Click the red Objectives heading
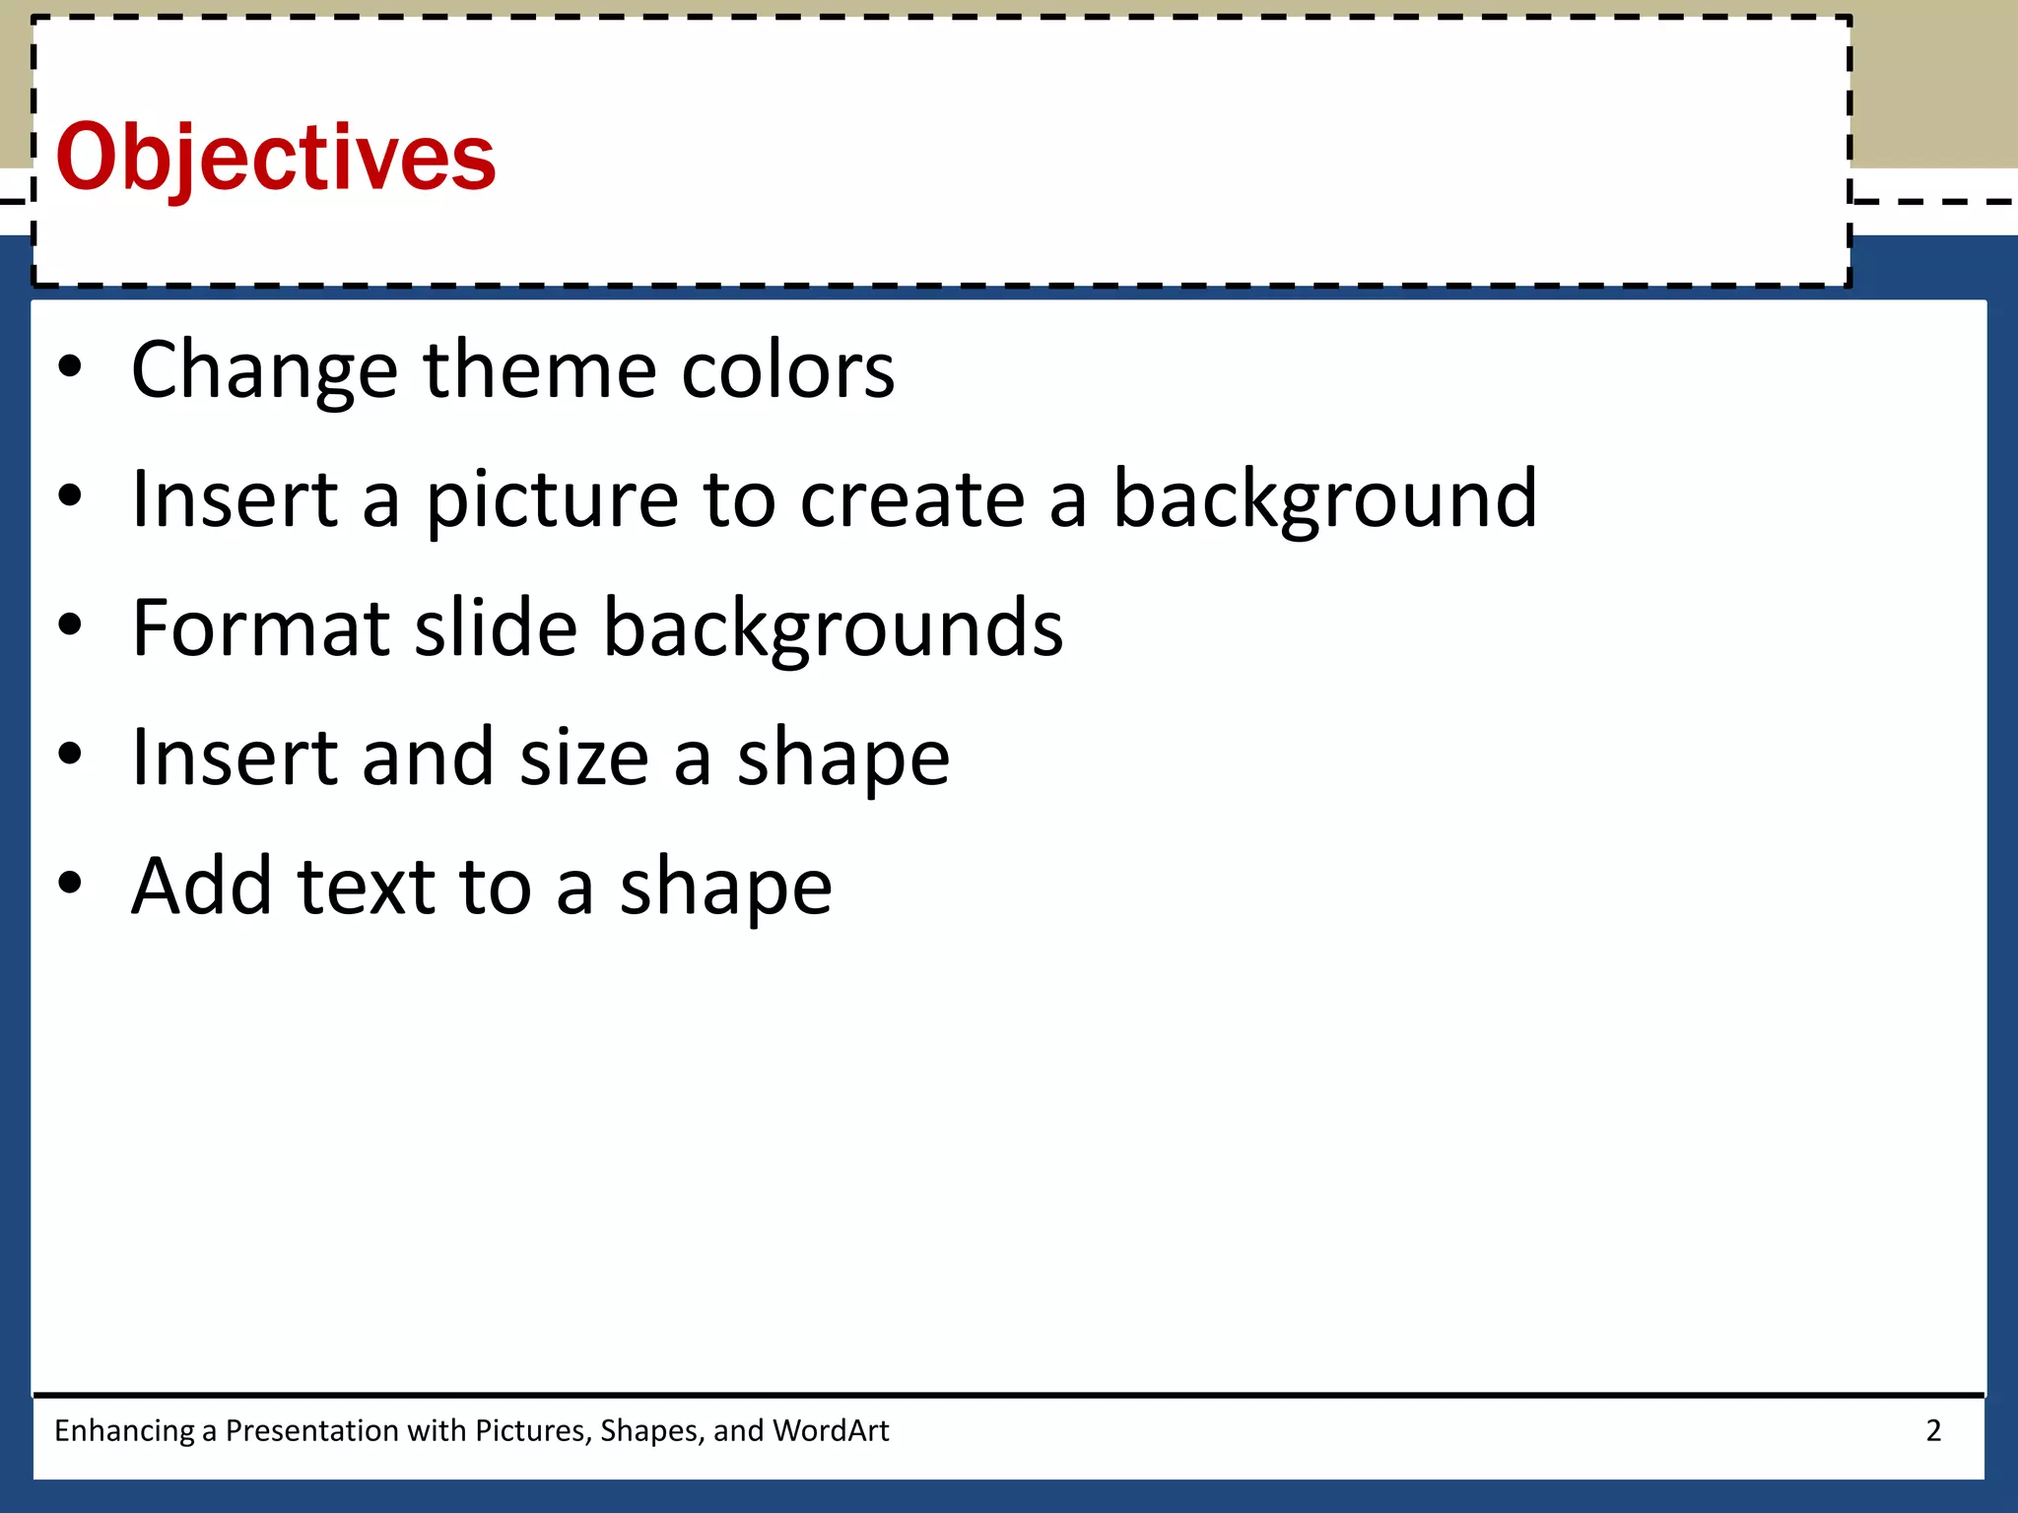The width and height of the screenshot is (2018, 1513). [276, 158]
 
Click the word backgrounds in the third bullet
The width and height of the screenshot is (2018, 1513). [833, 628]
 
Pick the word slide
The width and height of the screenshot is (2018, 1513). [495, 628]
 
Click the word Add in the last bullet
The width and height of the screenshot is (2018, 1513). [201, 887]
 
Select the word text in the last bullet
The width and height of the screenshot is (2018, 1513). [366, 887]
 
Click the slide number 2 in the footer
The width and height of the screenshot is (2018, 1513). [1933, 1430]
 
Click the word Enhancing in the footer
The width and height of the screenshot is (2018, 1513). [124, 1430]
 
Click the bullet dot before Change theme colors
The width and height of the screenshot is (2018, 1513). [70, 367]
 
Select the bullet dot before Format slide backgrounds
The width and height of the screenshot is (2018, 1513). [70, 625]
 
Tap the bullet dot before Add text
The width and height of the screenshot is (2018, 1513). [70, 884]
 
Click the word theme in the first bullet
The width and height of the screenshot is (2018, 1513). [539, 370]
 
